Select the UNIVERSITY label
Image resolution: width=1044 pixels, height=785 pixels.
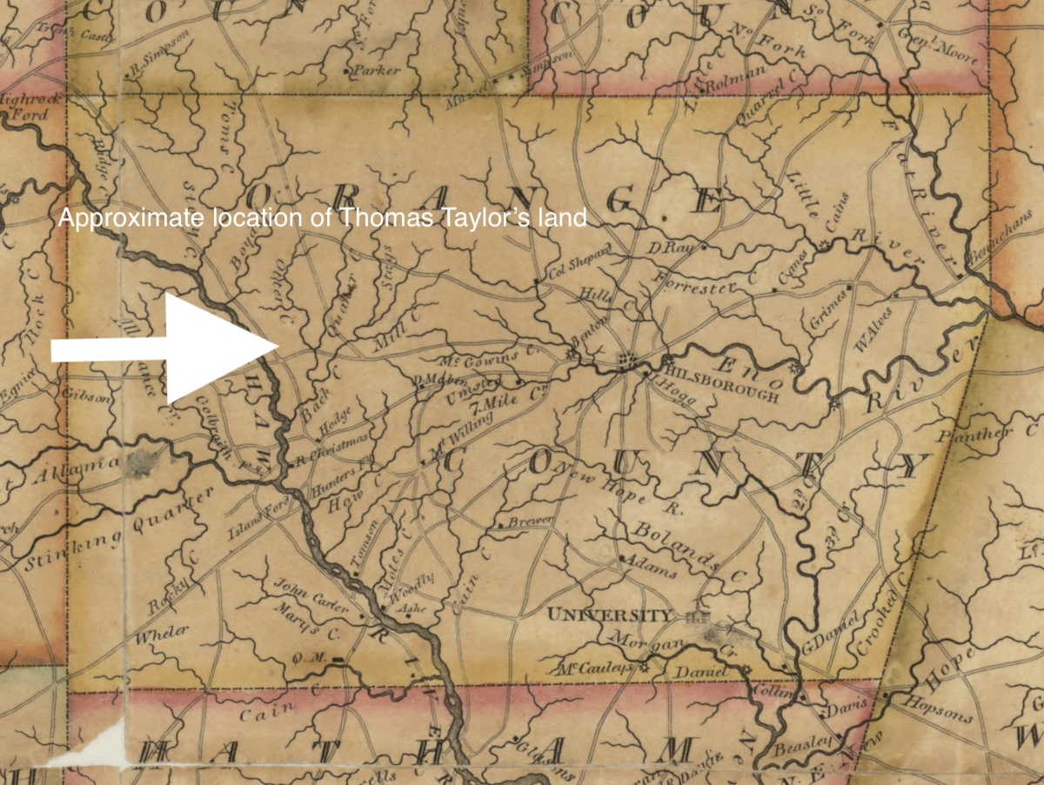pyautogui.click(x=609, y=615)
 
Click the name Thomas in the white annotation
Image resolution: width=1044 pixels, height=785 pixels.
pyautogui.click(x=375, y=218)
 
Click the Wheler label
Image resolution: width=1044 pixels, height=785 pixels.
pyautogui.click(x=162, y=635)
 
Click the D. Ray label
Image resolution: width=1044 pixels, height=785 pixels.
pyautogui.click(x=669, y=249)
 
